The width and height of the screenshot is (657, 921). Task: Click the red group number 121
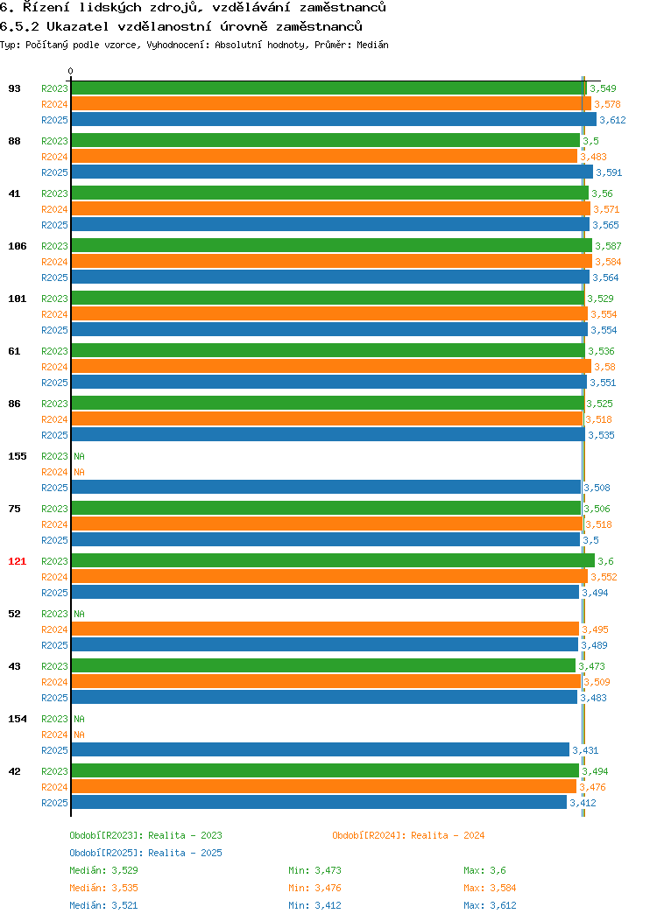click(17, 561)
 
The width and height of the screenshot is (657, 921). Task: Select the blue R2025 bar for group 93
click(334, 119)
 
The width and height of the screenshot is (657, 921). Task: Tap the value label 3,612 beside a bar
click(612, 120)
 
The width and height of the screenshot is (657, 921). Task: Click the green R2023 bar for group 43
click(323, 665)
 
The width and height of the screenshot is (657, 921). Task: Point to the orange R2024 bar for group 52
click(325, 629)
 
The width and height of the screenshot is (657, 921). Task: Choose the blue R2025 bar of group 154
click(321, 749)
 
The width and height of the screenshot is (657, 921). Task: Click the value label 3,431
click(585, 750)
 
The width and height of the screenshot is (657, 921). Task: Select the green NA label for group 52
click(80, 614)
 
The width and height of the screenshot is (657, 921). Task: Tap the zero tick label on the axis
click(71, 72)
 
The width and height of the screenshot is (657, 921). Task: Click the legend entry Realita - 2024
click(408, 835)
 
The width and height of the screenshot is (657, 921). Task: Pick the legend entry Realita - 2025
click(145, 853)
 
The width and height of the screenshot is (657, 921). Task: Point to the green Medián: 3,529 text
click(104, 870)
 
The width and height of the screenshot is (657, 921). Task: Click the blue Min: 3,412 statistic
click(315, 906)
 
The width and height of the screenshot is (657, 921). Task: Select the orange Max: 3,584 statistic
click(490, 888)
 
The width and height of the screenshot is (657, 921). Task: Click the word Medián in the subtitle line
click(372, 45)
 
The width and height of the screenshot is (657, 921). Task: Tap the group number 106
click(17, 246)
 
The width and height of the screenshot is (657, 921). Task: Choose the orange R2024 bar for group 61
click(331, 367)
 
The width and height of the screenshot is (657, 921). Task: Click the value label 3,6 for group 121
click(606, 561)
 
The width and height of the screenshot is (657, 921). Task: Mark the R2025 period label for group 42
click(54, 803)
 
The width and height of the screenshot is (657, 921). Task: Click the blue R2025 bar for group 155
click(326, 487)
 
